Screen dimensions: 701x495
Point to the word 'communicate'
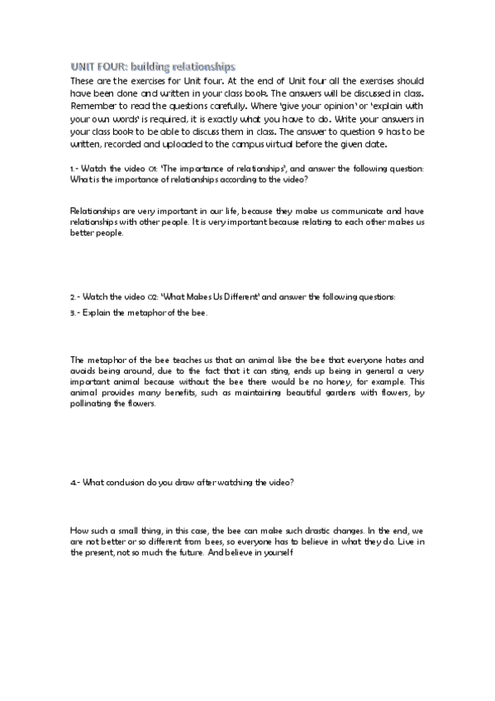pos(327,212)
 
